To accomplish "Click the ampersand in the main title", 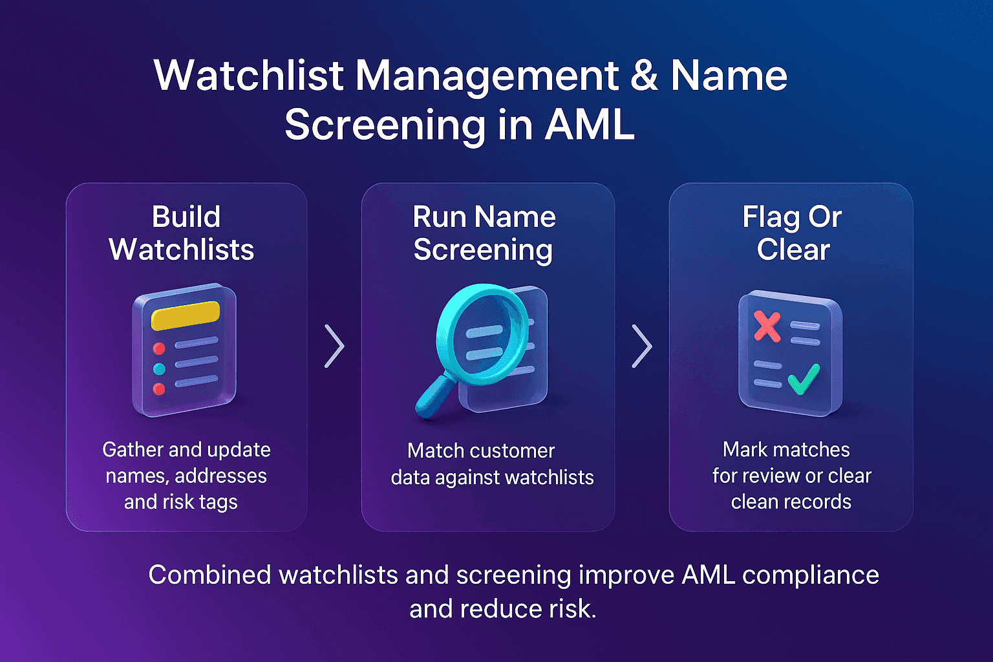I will pyautogui.click(x=644, y=76).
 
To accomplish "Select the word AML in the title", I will pyautogui.click(x=589, y=125).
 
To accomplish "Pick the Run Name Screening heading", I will pyautogui.click(x=484, y=233).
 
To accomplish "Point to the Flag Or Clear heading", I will pyautogui.click(x=792, y=233).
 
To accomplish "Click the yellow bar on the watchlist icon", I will pyautogui.click(x=185, y=315).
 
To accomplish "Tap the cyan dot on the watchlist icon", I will pyautogui.click(x=159, y=369).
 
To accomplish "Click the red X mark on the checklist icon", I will pyautogui.click(x=767, y=326).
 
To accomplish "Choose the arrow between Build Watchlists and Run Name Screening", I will pyautogui.click(x=334, y=347).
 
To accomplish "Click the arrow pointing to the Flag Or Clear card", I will pyautogui.click(x=641, y=347).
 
